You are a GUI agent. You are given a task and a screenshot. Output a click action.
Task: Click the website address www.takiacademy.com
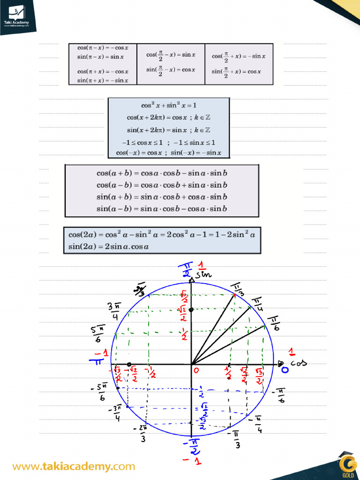click(74, 466)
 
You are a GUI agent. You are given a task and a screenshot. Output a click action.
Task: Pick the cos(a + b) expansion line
click(162, 173)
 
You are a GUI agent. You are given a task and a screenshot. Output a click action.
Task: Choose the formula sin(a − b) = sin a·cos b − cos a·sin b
click(162, 209)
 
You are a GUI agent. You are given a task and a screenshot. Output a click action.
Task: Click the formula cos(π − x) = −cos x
click(103, 47)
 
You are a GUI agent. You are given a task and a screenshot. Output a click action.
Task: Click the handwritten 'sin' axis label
click(204, 274)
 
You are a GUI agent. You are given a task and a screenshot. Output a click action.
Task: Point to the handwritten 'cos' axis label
click(299, 363)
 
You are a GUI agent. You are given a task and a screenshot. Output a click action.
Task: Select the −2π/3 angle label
click(142, 432)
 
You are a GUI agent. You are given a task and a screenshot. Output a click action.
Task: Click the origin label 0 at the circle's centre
click(197, 370)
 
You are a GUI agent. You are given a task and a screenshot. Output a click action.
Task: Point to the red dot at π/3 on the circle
click(234, 295)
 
